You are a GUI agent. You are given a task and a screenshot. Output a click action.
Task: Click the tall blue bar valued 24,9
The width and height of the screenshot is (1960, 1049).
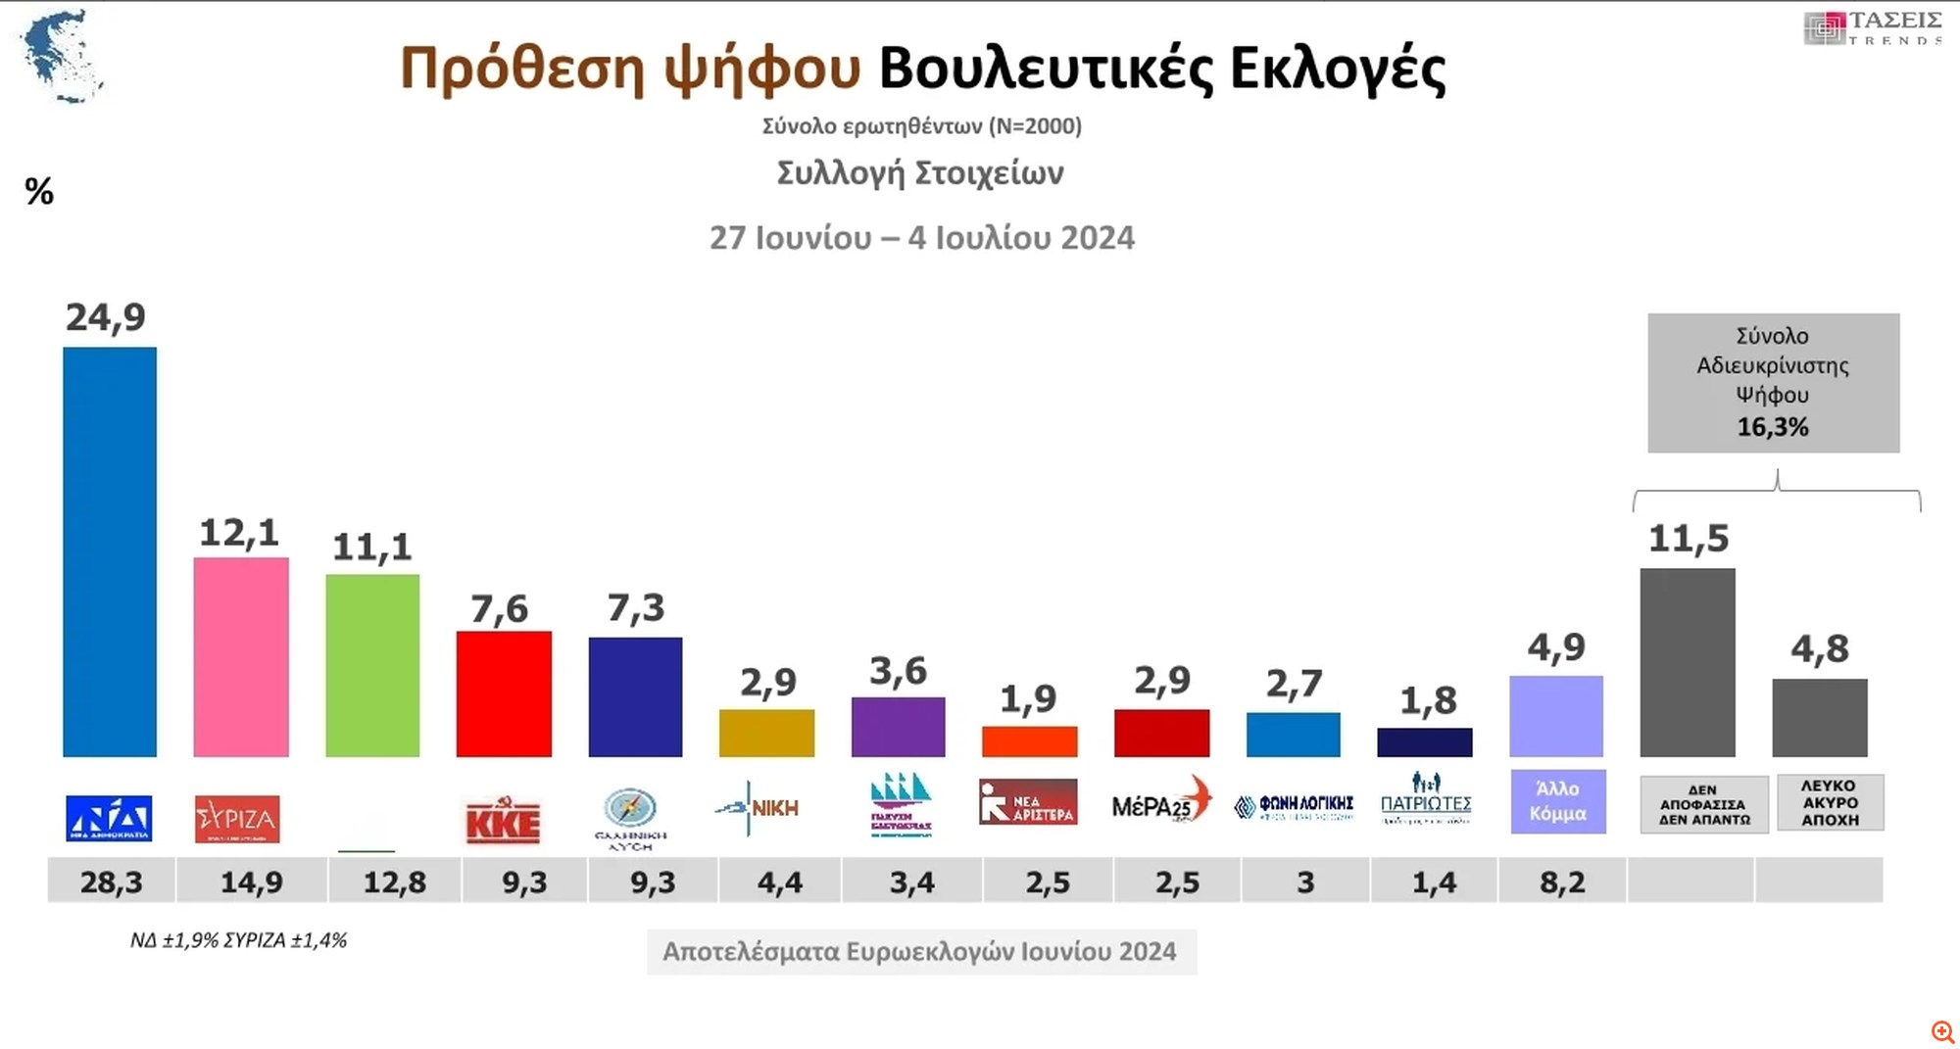pos(110,551)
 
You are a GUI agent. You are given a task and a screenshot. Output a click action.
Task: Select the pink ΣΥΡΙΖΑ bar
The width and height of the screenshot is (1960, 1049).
pos(241,656)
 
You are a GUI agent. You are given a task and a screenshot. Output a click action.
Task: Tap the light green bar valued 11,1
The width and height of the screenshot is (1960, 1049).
pos(372,665)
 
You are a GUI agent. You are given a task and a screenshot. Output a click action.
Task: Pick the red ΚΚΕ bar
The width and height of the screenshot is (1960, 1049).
pos(504,693)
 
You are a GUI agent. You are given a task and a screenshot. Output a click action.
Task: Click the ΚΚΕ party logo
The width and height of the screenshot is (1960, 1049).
pos(503,821)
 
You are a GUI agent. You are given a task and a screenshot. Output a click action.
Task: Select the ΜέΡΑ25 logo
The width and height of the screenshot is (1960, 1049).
pos(1161,803)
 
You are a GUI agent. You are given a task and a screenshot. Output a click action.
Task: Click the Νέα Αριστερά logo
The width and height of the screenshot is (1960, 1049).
pos(1028,802)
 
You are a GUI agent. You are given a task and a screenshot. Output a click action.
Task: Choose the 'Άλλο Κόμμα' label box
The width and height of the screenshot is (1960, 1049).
pos(1557,801)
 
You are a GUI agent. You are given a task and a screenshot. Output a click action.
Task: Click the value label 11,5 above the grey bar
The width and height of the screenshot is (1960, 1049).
pos(1688,538)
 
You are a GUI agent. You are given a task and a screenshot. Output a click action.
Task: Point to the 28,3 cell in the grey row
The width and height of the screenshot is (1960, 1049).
pos(112,882)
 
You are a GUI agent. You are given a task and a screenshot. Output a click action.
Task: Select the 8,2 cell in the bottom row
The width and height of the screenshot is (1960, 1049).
pos(1562,882)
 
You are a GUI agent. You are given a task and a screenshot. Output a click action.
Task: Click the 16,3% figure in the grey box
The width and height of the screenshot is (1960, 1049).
pos(1773,427)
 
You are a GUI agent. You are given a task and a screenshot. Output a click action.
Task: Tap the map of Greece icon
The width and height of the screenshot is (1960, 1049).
pos(62,56)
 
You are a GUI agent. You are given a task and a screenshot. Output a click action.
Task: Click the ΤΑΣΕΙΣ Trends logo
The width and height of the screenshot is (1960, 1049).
pos(1873,27)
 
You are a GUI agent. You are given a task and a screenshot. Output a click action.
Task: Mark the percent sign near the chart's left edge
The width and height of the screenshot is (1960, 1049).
pos(39,191)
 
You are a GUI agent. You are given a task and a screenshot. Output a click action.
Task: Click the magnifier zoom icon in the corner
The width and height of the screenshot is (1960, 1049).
pos(1942,1031)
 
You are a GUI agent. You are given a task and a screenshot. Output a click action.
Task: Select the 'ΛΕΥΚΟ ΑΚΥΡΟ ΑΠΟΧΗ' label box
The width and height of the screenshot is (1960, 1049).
pos(1829,803)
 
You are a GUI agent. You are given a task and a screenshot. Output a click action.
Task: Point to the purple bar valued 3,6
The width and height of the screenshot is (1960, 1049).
pos(898,727)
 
